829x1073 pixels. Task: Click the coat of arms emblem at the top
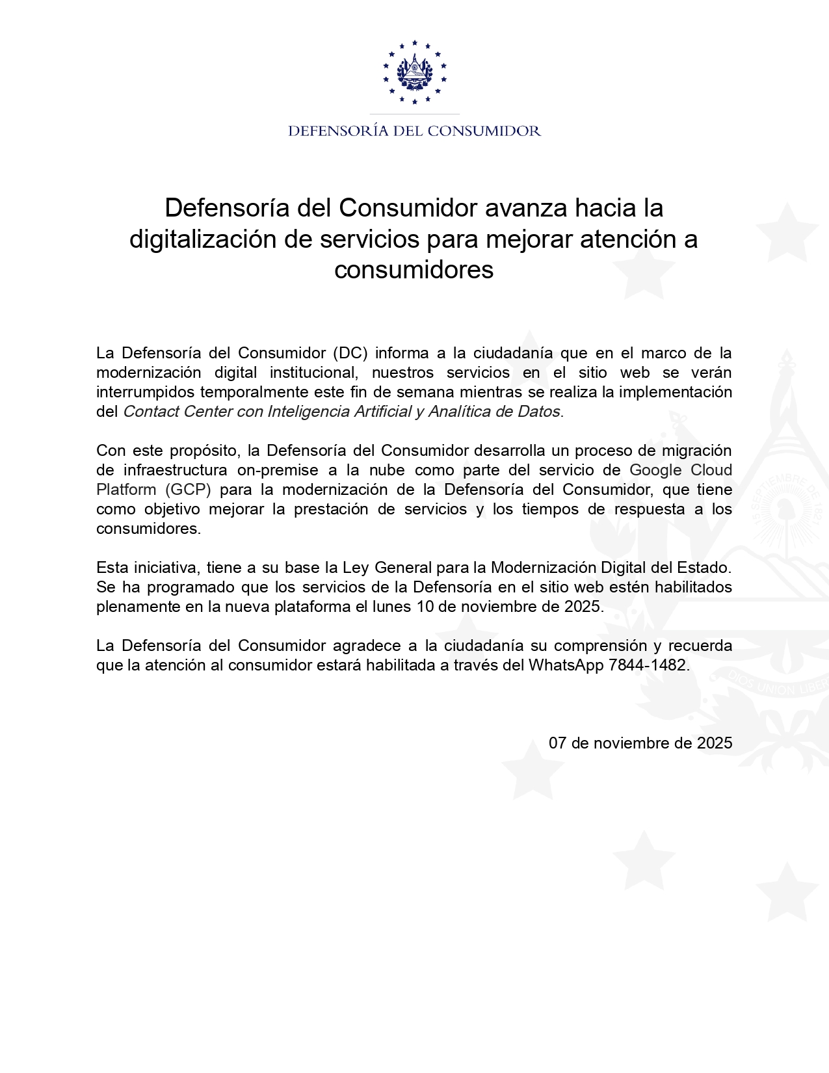414,72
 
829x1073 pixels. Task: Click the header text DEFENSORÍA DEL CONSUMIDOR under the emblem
414,131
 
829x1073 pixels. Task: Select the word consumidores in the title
414,269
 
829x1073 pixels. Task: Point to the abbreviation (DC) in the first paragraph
351,353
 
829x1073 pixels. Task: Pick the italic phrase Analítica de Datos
493,412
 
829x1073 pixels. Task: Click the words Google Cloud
680,470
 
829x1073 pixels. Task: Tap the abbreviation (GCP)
189,490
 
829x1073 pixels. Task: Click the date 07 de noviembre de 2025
640,743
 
